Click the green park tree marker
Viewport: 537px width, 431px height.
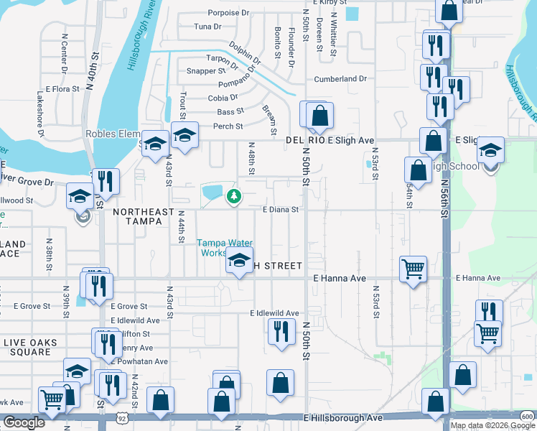[x=233, y=195]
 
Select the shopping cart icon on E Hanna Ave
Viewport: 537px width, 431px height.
[x=413, y=269]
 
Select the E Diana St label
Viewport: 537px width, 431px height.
[x=280, y=210]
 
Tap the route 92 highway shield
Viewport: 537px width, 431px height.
[x=123, y=417]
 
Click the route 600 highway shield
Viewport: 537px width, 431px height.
[x=527, y=417]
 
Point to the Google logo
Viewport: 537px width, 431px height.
[x=24, y=422]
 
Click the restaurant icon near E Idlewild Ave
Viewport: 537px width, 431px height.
[x=280, y=331]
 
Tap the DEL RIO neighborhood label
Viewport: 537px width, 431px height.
[x=305, y=141]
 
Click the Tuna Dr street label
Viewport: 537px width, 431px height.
[x=207, y=27]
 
